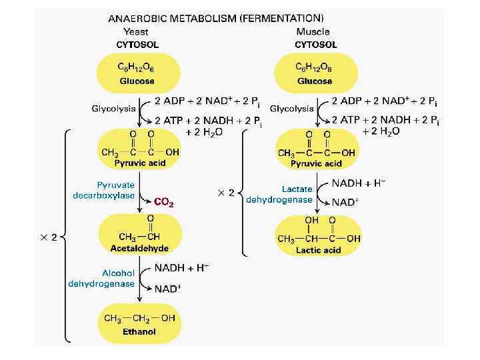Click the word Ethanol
pyautogui.click(x=139, y=331)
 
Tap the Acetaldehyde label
pyautogui.click(x=139, y=248)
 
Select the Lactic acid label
pyautogui.click(x=318, y=250)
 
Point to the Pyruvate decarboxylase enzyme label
pyautogui.click(x=103, y=190)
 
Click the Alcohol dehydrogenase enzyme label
pyautogui.click(x=101, y=278)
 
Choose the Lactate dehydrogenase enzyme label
pyautogui.click(x=279, y=194)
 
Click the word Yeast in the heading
pyautogui.click(x=137, y=31)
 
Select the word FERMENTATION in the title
pyautogui.click(x=283, y=17)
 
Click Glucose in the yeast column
pyautogui.click(x=137, y=81)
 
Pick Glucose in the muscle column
pyautogui.click(x=315, y=81)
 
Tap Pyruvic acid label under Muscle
pyautogui.click(x=316, y=163)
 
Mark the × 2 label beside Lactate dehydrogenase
pyautogui.click(x=226, y=193)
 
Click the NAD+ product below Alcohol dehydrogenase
pyautogui.click(x=167, y=289)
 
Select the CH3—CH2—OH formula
pyautogui.click(x=139, y=318)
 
